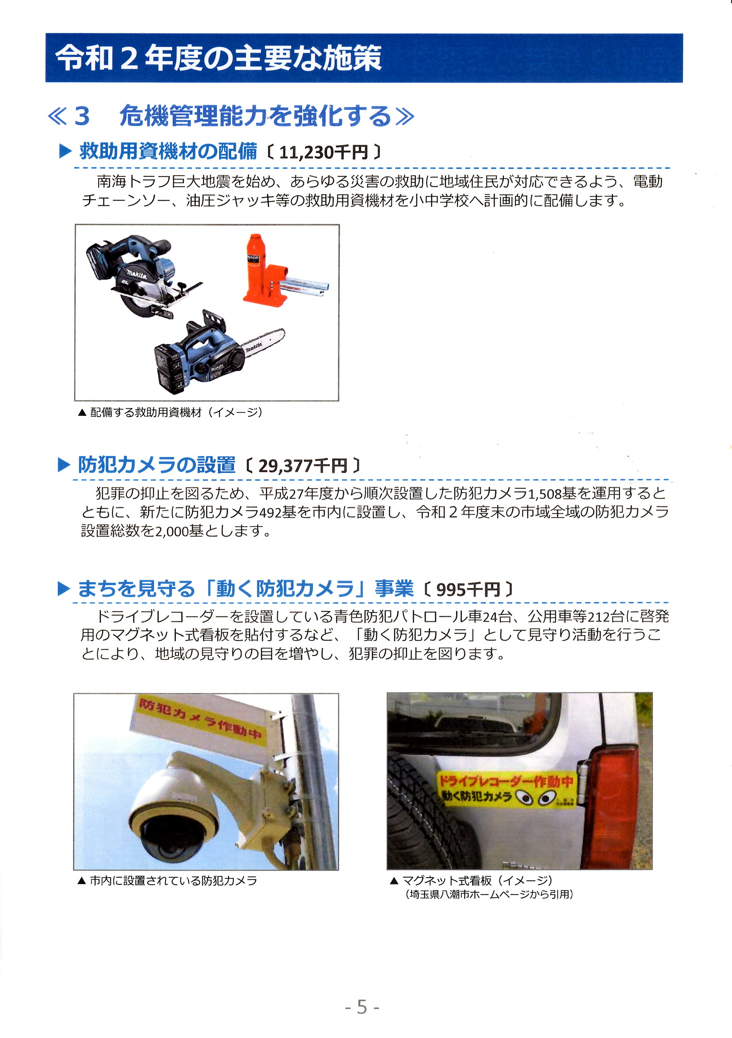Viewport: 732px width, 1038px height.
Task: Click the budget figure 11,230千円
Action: pos(323,153)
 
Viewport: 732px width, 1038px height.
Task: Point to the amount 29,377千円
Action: pos(302,466)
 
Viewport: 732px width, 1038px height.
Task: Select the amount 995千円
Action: pos(468,590)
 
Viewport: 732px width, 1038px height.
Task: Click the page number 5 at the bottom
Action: pos(362,1007)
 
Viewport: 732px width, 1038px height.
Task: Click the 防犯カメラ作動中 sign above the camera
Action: pos(199,721)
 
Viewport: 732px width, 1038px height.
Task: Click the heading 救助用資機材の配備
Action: pos(168,151)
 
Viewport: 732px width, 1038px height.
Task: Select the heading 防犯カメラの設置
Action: pos(157,465)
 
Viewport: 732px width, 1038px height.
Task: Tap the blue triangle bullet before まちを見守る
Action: pos(64,589)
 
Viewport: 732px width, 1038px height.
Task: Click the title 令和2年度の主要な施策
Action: pos(219,59)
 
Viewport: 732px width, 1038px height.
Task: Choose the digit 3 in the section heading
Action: pos(82,116)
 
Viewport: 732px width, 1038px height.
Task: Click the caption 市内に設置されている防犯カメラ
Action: pos(174,881)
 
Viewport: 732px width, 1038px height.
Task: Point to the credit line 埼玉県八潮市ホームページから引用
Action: pos(490,894)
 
